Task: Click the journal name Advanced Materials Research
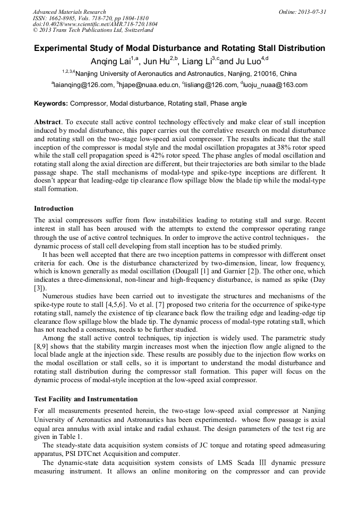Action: click(69, 12)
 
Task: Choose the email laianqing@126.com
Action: click(83, 85)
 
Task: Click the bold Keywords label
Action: click(51, 103)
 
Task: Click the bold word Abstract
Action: click(47, 122)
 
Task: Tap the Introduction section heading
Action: click(54, 209)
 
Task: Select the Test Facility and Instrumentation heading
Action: click(85, 399)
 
